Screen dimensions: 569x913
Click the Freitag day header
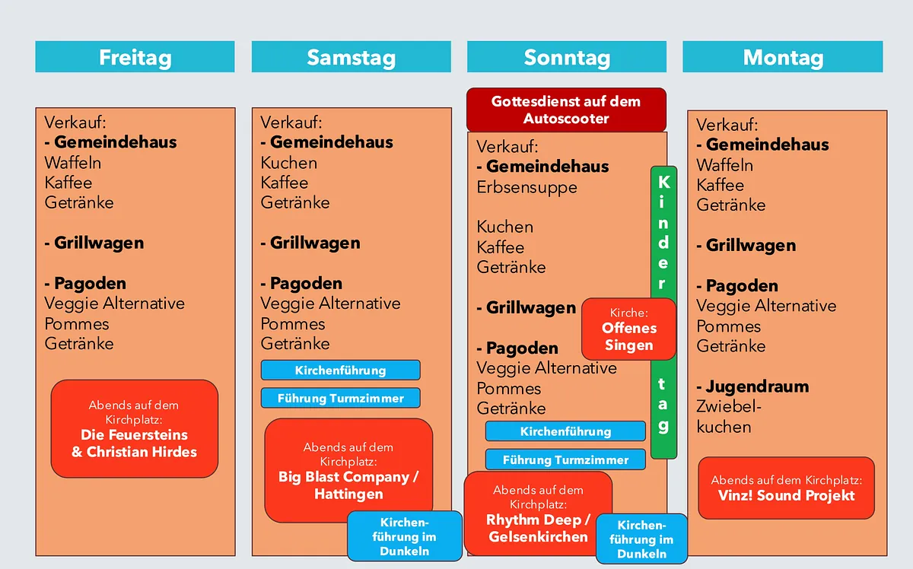(x=135, y=57)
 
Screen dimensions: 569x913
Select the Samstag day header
(x=351, y=57)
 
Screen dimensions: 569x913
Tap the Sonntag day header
(x=567, y=57)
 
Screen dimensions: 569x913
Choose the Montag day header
(x=783, y=57)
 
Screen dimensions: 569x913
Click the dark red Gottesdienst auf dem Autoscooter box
(x=566, y=110)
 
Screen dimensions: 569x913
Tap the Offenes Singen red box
(x=628, y=329)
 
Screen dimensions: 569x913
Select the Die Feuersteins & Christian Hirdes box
(x=135, y=429)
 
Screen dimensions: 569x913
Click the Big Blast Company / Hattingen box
(x=348, y=470)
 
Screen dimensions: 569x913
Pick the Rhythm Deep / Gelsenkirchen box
(x=538, y=513)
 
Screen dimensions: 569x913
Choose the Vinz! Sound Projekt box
(x=787, y=488)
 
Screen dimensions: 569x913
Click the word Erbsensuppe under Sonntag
(x=526, y=187)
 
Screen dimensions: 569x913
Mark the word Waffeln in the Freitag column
(x=73, y=163)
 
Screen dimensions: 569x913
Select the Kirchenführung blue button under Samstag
(x=340, y=370)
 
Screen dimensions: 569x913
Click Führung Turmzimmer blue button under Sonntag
(x=565, y=459)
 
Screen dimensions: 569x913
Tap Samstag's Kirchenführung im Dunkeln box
(x=405, y=536)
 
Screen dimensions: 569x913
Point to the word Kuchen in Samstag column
(x=289, y=163)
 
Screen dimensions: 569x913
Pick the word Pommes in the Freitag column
(x=77, y=323)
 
